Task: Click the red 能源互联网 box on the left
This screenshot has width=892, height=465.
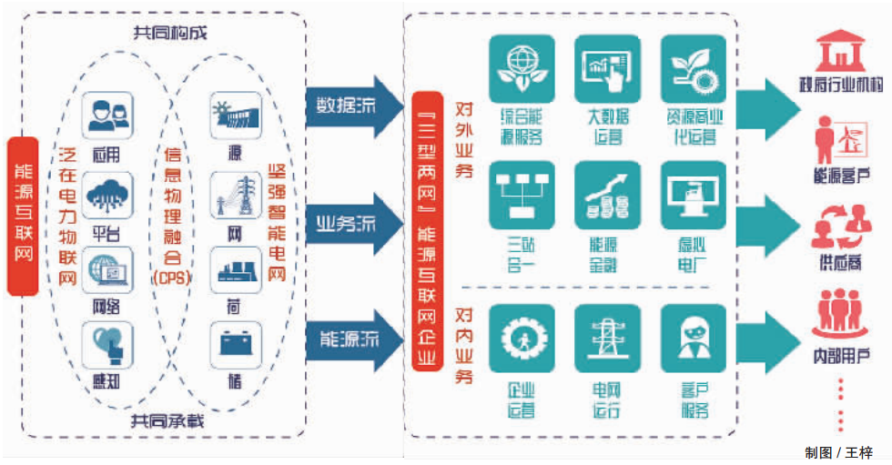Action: tap(23, 217)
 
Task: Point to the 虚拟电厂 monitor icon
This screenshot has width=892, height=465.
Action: tap(693, 195)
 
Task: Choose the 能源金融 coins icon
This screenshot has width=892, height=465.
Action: tap(607, 195)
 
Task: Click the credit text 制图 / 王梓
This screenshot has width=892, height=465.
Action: tap(838, 452)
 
